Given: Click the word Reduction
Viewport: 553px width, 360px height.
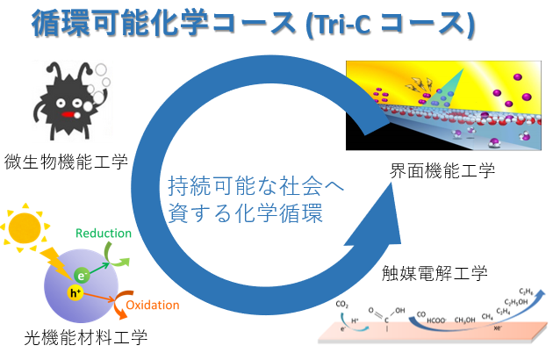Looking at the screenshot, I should [x=104, y=233].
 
